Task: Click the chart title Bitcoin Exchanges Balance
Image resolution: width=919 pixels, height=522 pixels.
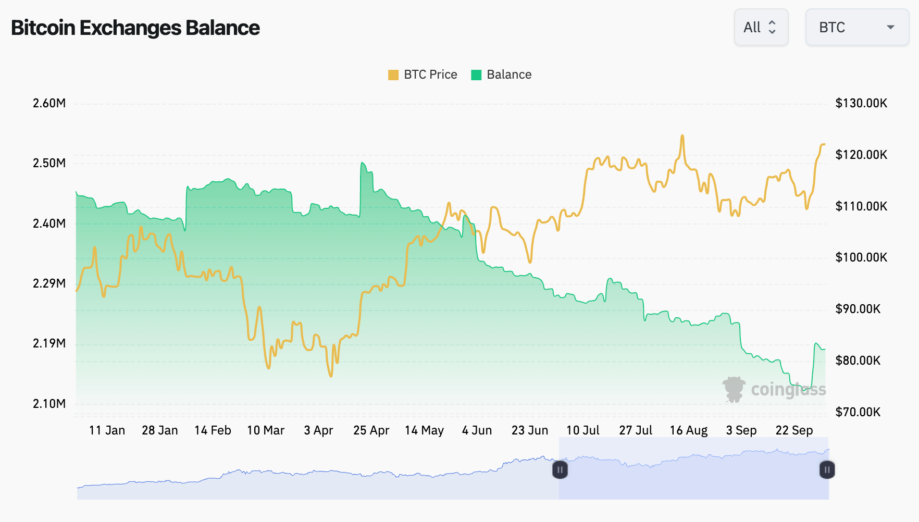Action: (x=135, y=28)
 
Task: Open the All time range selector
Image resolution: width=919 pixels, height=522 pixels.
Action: (x=761, y=27)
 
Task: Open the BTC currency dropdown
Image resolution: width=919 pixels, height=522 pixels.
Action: (x=856, y=27)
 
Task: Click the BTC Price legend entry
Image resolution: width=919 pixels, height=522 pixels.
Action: (x=423, y=74)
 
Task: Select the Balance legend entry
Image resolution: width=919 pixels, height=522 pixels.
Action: (x=501, y=74)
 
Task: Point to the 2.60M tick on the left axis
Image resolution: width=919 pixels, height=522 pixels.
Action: (x=49, y=103)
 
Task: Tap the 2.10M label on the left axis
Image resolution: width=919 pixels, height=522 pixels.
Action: (x=49, y=404)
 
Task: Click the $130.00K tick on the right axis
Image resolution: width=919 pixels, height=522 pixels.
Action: (x=861, y=103)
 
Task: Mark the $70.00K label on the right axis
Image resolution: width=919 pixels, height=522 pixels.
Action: (x=858, y=412)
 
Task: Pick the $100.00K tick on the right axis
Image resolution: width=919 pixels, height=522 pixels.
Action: (x=861, y=257)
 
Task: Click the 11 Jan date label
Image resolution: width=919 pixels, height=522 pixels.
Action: (x=107, y=430)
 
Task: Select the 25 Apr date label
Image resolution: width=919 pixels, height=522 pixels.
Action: (x=371, y=430)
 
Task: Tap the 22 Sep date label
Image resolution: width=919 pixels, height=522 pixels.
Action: (x=794, y=430)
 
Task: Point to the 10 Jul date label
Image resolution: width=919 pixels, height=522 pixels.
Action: (x=582, y=430)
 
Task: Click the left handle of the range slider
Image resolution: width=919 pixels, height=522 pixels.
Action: (x=560, y=470)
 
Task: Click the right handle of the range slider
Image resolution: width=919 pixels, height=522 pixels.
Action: (x=827, y=470)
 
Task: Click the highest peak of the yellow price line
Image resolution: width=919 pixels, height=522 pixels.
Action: (x=682, y=136)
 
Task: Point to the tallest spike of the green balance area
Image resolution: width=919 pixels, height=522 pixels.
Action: (x=362, y=163)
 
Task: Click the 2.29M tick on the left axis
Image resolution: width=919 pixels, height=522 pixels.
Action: (x=49, y=283)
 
